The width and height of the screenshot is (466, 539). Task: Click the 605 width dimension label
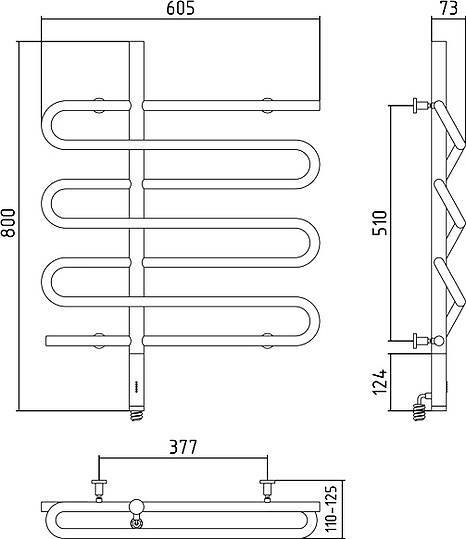pyautogui.click(x=180, y=8)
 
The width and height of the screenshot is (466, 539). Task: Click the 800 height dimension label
pyautogui.click(x=8, y=222)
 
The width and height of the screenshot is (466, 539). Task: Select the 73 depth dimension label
pyautogui.click(x=449, y=8)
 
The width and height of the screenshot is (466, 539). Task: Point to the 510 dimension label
pyautogui.click(x=380, y=223)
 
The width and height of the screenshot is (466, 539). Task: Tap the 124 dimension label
pyautogui.click(x=380, y=382)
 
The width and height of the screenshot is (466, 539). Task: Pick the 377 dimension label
pyautogui.click(x=183, y=447)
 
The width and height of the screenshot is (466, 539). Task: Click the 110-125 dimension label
pyautogui.click(x=331, y=509)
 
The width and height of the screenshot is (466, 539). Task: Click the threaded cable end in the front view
pyautogui.click(x=136, y=415)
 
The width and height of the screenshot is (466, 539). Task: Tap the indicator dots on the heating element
pyautogui.click(x=136, y=386)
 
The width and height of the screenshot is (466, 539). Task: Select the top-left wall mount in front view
pyautogui.click(x=99, y=105)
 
